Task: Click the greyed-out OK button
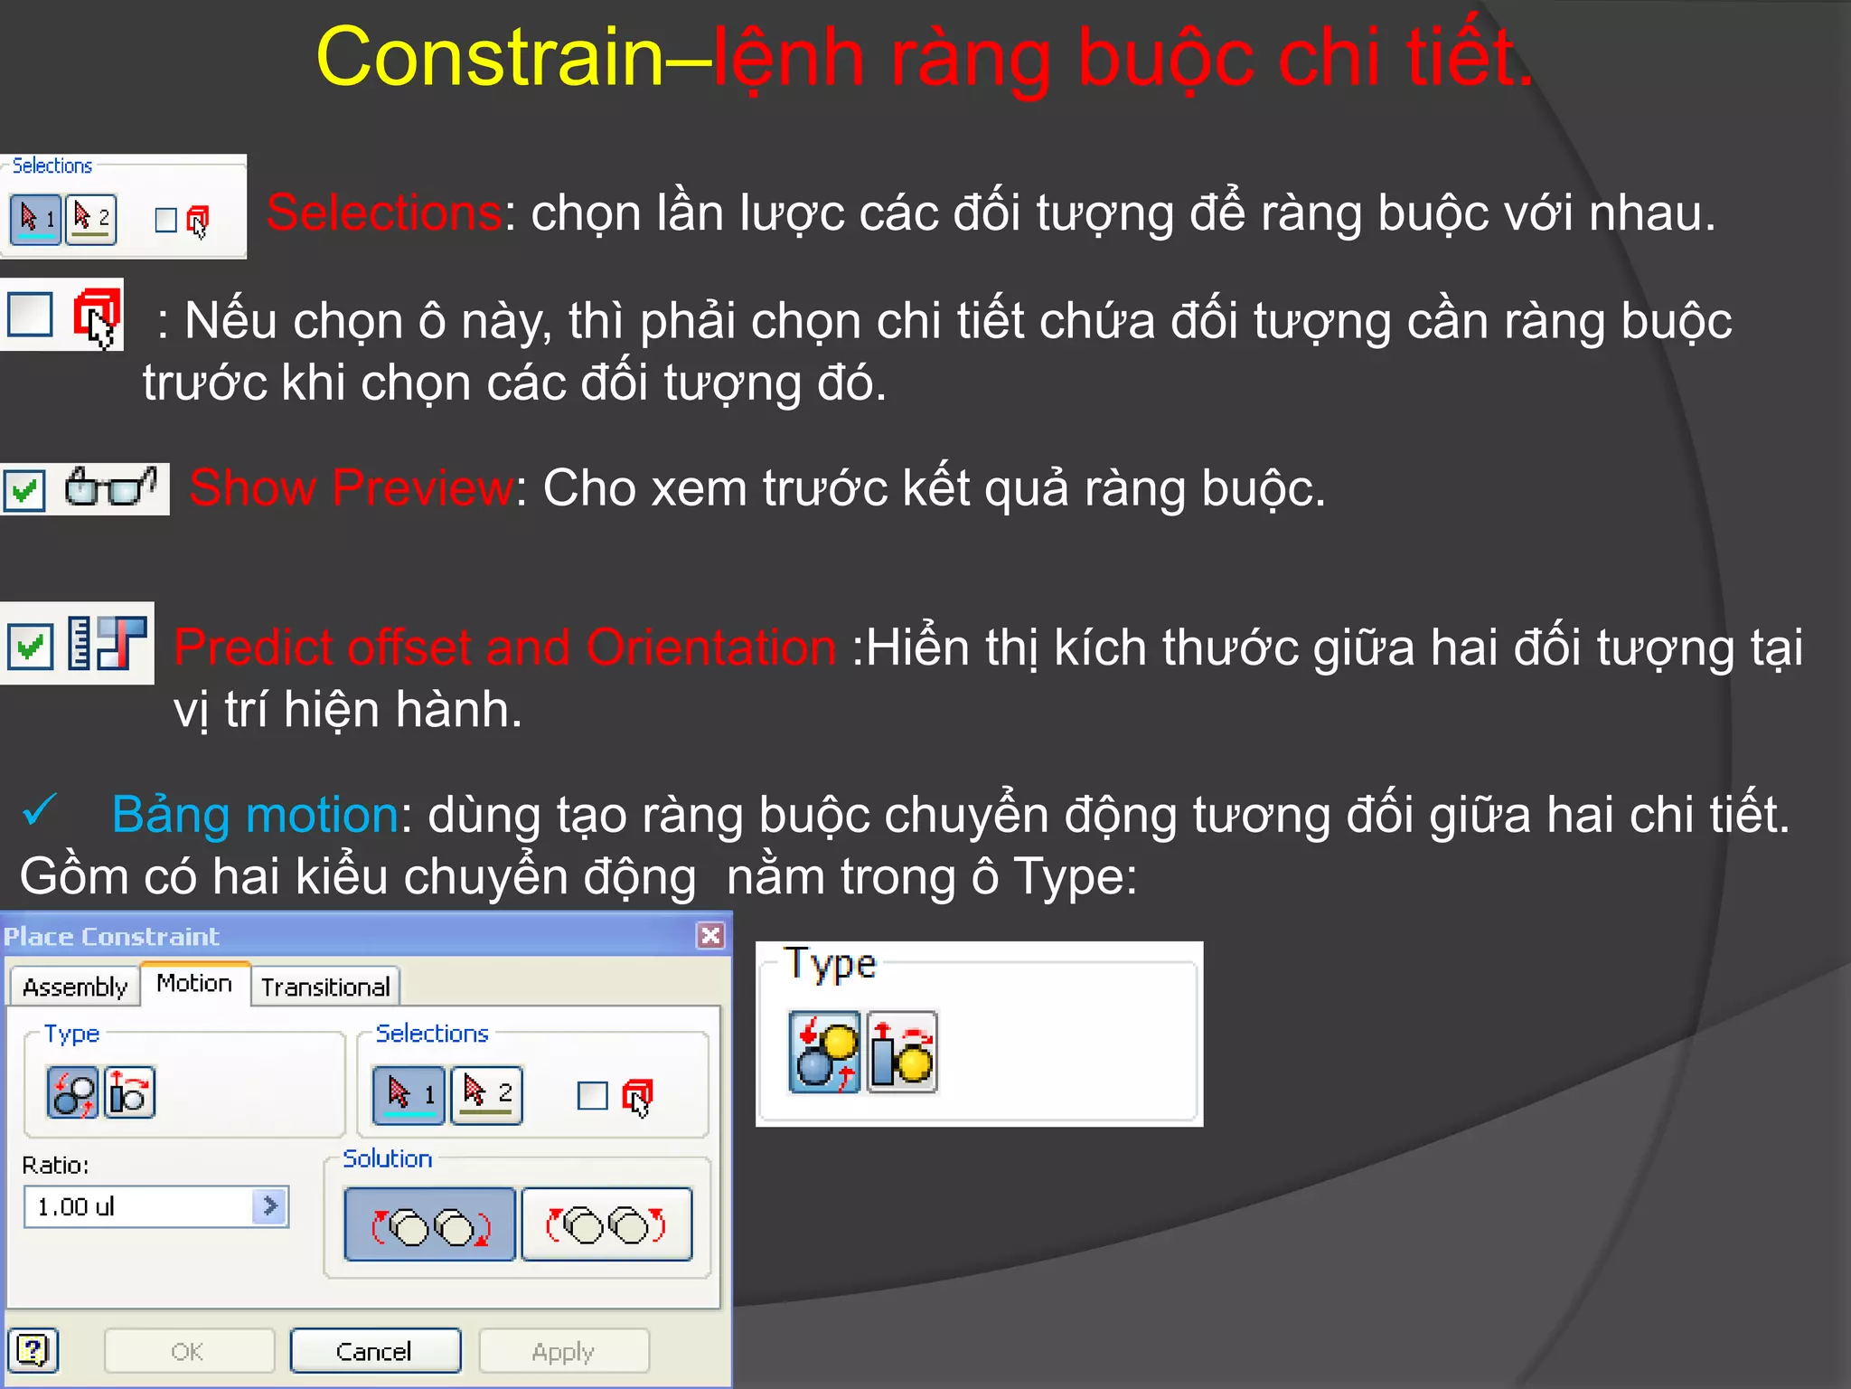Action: click(188, 1351)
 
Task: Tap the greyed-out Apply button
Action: click(563, 1351)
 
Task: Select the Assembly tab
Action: click(75, 987)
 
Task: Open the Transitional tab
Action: click(325, 987)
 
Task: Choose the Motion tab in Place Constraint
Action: click(194, 984)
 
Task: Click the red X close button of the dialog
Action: click(711, 935)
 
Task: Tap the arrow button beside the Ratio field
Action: click(269, 1206)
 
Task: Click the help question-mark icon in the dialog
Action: click(33, 1351)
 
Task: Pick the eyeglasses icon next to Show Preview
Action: click(110, 488)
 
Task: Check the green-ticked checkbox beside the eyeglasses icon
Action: click(24, 491)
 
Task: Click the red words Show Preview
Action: click(351, 488)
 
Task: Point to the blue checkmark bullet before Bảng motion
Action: click(40, 810)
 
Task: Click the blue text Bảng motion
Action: click(255, 814)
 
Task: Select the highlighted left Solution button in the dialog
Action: click(430, 1224)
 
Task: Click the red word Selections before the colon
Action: click(384, 213)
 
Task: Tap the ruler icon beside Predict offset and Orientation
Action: click(80, 643)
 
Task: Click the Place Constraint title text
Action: click(111, 936)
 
